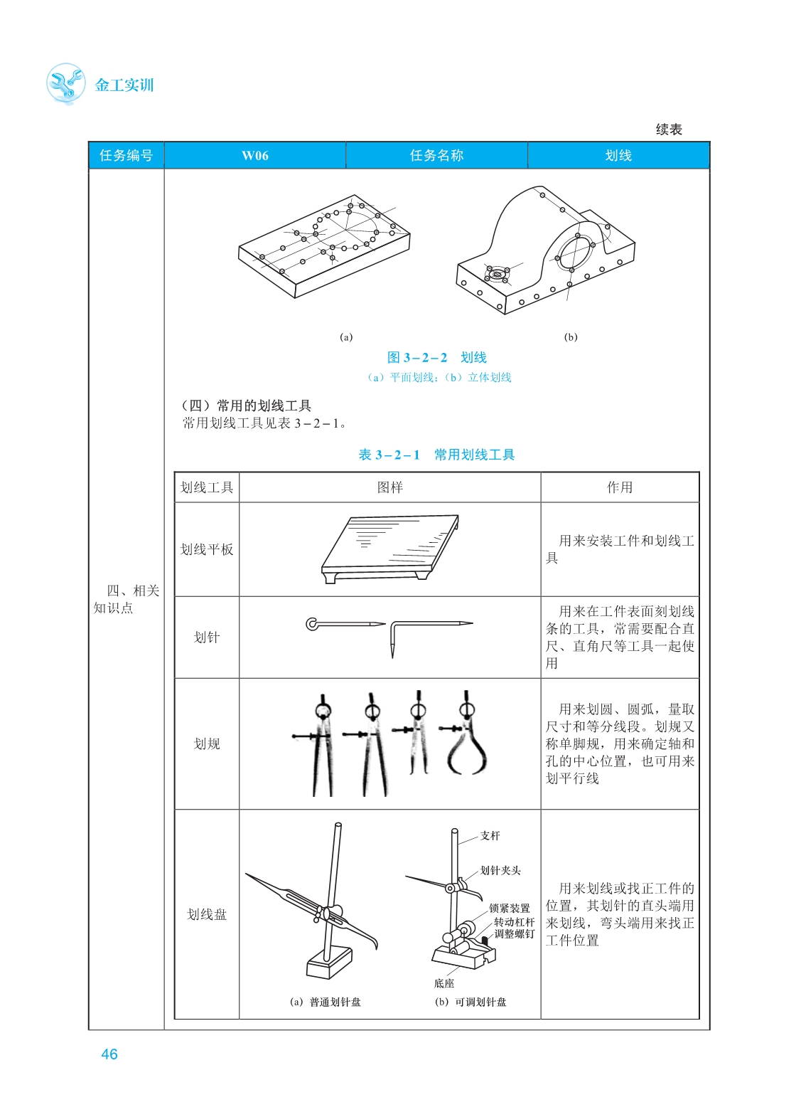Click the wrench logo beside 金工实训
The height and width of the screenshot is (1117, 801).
[x=66, y=83]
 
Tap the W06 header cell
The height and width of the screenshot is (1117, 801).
[x=254, y=156]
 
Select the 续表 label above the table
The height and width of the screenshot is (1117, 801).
[x=669, y=129]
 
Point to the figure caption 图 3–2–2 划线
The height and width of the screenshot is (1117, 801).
[x=436, y=358]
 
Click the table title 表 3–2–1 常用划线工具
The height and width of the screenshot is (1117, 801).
[x=436, y=455]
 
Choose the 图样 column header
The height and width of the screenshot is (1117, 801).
[x=389, y=487]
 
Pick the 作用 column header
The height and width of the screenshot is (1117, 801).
[x=620, y=487]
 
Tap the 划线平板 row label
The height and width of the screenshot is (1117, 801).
[x=207, y=549]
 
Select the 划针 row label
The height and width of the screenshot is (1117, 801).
[x=207, y=637]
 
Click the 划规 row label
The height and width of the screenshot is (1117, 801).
[x=207, y=743]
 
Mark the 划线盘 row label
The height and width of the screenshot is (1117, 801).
[x=207, y=914]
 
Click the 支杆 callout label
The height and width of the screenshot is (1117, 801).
[x=490, y=835]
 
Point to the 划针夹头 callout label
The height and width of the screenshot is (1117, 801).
[x=500, y=870]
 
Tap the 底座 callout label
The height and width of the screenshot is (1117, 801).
[x=443, y=983]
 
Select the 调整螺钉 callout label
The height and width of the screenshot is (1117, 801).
[x=514, y=933]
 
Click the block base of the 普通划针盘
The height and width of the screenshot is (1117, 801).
[x=329, y=963]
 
